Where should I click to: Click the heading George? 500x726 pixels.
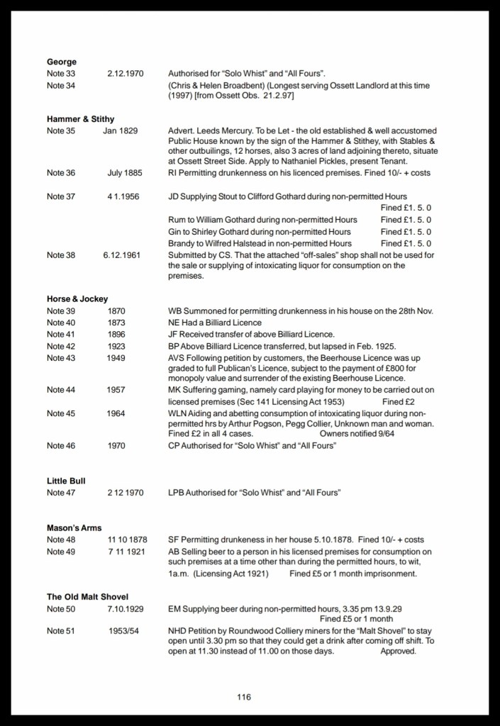(x=62, y=62)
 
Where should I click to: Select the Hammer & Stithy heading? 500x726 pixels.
(x=80, y=119)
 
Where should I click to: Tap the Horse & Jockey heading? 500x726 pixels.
(x=77, y=299)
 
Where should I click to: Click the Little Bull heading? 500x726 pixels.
(x=66, y=481)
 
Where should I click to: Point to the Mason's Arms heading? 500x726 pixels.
(x=74, y=528)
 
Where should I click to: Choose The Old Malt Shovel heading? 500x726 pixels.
(x=87, y=597)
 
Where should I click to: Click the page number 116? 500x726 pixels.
(x=244, y=697)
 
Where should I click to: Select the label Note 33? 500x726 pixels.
(x=61, y=74)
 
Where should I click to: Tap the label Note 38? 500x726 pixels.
(x=61, y=255)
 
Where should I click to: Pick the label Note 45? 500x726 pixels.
(x=61, y=414)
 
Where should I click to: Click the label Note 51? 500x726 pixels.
(x=61, y=632)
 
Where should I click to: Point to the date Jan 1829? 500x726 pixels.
(x=121, y=131)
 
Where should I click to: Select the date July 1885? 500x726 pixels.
(x=125, y=173)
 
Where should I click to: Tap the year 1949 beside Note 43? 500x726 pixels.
(x=116, y=358)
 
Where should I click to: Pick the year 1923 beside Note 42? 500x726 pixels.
(x=116, y=346)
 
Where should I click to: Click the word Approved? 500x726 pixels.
(x=398, y=651)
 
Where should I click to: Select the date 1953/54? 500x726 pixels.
(x=125, y=632)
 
